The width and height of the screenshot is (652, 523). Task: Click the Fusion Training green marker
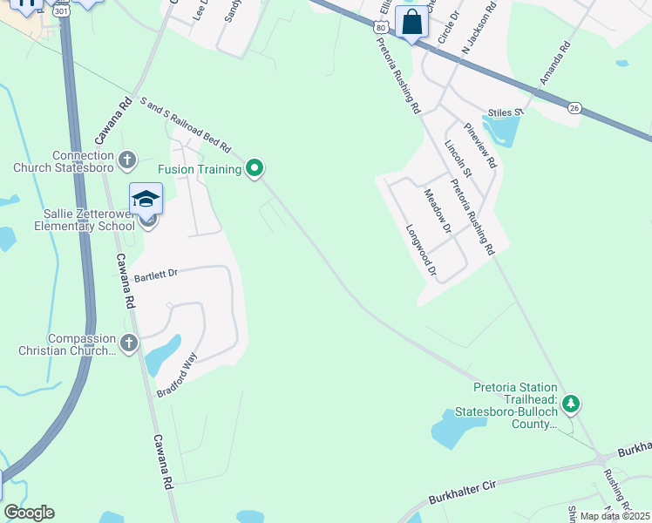pyautogui.click(x=255, y=167)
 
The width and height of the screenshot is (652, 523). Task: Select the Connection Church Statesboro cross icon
pyautogui.click(x=127, y=160)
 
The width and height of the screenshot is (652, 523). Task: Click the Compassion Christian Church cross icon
pyautogui.click(x=128, y=343)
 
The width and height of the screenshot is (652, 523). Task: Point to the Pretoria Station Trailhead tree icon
pyautogui.click(x=571, y=404)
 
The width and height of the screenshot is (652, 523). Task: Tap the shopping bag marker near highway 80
pyautogui.click(x=411, y=23)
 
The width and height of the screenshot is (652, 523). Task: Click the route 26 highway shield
pyautogui.click(x=574, y=107)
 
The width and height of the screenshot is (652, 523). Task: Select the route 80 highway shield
pyautogui.click(x=380, y=28)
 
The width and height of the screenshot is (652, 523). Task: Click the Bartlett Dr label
pyautogui.click(x=156, y=275)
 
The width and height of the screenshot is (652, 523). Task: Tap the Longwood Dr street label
pyautogui.click(x=421, y=251)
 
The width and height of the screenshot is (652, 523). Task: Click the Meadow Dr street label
pyautogui.click(x=436, y=212)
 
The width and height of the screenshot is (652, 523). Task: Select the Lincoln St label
pyautogui.click(x=457, y=159)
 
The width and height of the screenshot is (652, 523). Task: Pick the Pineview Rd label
pyautogui.click(x=480, y=145)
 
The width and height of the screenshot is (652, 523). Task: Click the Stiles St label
pyautogui.click(x=506, y=112)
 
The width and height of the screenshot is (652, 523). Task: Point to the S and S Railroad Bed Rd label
pyautogui.click(x=184, y=121)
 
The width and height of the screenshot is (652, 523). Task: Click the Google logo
pyautogui.click(x=29, y=513)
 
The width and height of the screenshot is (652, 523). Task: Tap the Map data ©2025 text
pyautogui.click(x=615, y=516)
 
